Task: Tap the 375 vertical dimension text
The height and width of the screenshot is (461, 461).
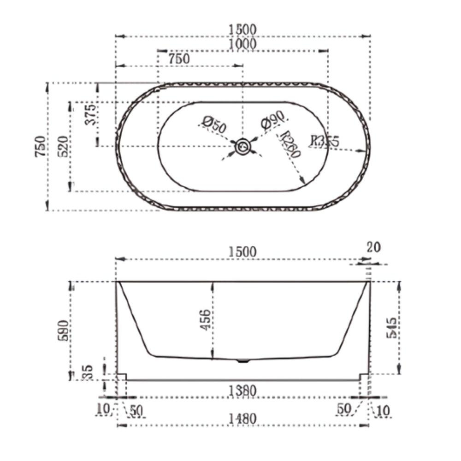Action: [90, 115]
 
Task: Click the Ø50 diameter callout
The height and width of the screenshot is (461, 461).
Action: [214, 125]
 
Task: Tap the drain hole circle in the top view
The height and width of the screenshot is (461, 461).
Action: [242, 147]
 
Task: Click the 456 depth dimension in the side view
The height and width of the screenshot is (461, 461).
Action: [206, 320]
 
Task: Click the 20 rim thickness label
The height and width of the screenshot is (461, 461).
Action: [373, 247]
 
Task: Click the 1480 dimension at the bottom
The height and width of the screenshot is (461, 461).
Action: [242, 419]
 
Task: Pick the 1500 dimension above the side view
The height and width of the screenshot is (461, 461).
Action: [242, 252]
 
